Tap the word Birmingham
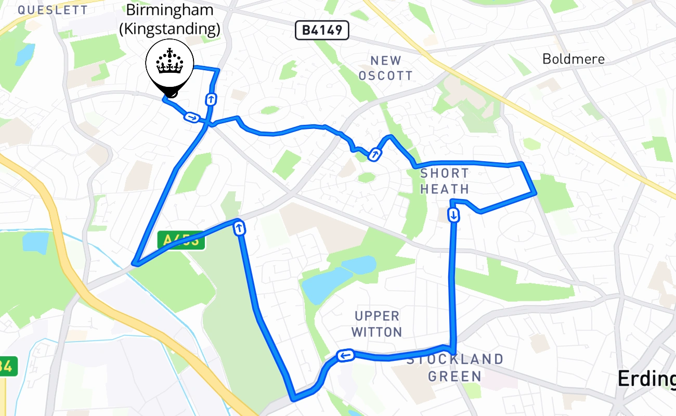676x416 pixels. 170,9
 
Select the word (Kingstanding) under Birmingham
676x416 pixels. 170,29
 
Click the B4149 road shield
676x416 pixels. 322,31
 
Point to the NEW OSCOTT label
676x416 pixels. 386,68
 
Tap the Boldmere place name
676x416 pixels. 574,59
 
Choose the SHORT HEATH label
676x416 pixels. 445,181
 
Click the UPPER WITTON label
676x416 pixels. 377,323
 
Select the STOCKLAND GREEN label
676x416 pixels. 455,367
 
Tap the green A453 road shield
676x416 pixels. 181,240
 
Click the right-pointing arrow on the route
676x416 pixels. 192,118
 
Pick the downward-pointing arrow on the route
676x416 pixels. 454,215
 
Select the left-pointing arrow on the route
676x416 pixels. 345,356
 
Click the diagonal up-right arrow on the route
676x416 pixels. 374,154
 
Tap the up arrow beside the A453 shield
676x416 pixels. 240,228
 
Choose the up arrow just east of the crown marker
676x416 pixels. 211,99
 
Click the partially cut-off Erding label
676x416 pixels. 646,380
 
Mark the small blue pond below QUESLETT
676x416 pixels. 25,55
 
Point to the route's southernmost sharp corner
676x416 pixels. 293,399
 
